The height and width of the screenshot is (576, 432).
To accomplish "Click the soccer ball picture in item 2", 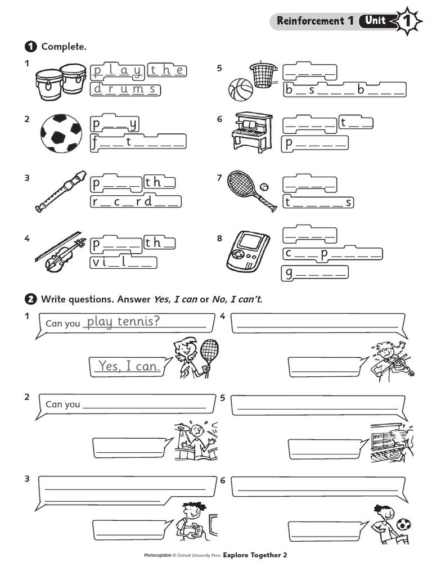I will (x=61, y=133).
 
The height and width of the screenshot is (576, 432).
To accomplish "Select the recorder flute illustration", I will (x=60, y=191).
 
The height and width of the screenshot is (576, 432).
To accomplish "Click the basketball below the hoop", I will (x=241, y=89).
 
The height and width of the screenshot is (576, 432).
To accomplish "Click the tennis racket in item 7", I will (x=247, y=188).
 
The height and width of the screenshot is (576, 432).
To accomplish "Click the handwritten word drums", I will (x=125, y=89).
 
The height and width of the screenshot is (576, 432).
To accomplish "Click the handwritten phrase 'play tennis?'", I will (x=123, y=321).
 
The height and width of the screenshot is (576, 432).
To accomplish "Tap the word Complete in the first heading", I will (x=64, y=47).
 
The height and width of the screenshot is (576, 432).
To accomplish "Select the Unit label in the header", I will (x=375, y=21).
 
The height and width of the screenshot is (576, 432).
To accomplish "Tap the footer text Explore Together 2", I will (x=255, y=555).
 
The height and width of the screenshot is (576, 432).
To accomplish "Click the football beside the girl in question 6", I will (x=403, y=524).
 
